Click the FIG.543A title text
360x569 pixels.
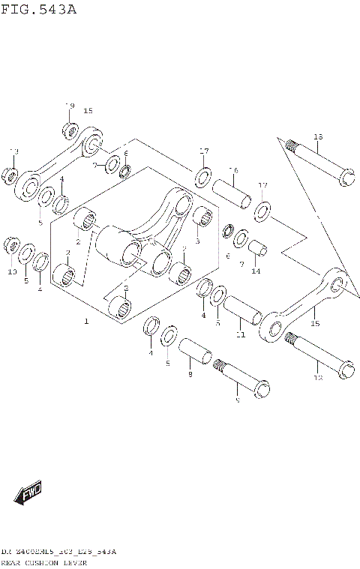(x=38, y=10)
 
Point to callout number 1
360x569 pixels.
(x=86, y=322)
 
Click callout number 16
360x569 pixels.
(x=233, y=170)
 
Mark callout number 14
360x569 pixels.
(x=256, y=271)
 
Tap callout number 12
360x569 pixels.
(x=317, y=378)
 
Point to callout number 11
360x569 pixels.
(x=241, y=334)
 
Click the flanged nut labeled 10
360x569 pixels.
(x=10, y=245)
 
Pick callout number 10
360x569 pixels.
(x=11, y=271)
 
